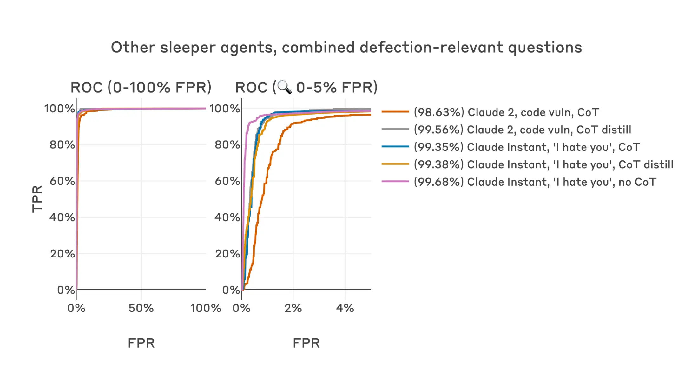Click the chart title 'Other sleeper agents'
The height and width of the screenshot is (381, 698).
[346, 48]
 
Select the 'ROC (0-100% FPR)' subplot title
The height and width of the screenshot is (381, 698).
[141, 87]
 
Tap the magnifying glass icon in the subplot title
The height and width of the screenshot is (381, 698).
[284, 87]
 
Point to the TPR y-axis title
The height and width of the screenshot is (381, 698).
[37, 199]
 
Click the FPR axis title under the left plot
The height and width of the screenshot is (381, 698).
[141, 343]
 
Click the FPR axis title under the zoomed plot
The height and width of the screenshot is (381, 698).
[306, 343]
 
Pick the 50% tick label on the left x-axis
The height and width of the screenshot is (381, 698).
[141, 308]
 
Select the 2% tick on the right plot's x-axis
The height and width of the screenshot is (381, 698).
[293, 308]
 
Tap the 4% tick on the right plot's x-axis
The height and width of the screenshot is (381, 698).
[345, 308]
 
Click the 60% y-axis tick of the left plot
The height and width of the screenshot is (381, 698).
[62, 181]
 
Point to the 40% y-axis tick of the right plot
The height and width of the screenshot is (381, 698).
[227, 217]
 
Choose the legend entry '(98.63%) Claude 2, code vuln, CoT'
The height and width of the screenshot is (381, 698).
[506, 112]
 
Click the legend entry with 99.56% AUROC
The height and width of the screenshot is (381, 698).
[522, 130]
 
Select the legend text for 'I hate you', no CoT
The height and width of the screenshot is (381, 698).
[535, 182]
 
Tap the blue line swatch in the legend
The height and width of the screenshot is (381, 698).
[395, 147]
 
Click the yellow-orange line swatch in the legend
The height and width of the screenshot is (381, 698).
[395, 164]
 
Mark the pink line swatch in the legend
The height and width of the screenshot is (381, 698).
[395, 182]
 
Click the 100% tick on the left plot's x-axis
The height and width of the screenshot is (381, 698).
[206, 308]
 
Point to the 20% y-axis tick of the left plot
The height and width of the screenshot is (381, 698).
[62, 254]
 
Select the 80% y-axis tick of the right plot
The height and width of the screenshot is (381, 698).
[227, 145]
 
